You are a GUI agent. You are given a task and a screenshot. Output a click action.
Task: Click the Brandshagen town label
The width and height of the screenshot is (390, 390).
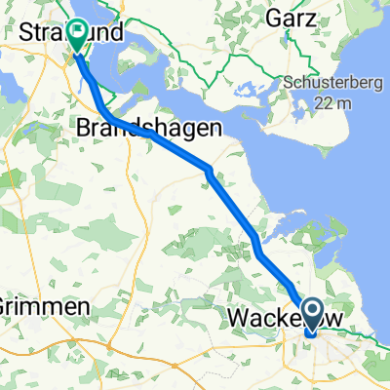[x=152, y=129]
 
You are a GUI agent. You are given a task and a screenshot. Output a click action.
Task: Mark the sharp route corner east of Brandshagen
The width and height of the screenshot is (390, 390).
[x=208, y=171]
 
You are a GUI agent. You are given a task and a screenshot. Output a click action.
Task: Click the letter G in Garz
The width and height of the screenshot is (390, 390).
[x=275, y=18]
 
